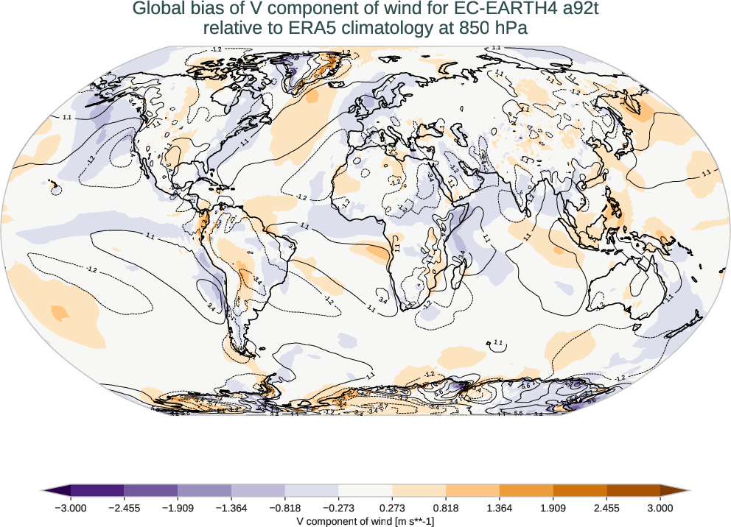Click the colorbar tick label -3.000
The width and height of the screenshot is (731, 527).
71,508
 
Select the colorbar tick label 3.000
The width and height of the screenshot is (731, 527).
660,508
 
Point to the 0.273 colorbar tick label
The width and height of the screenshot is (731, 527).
392,508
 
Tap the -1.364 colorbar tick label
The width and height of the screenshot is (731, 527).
231,508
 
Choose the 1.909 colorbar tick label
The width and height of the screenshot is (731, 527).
553,508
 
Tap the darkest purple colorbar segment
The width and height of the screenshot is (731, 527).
97,491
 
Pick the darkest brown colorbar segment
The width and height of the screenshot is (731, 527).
633,491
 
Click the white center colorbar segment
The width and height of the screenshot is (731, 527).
365,491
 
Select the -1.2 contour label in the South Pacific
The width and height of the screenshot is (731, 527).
91,270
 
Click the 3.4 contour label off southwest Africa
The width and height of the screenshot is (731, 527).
382,300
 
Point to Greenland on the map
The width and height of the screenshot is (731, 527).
313,70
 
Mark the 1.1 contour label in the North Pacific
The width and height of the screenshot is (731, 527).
67,117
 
